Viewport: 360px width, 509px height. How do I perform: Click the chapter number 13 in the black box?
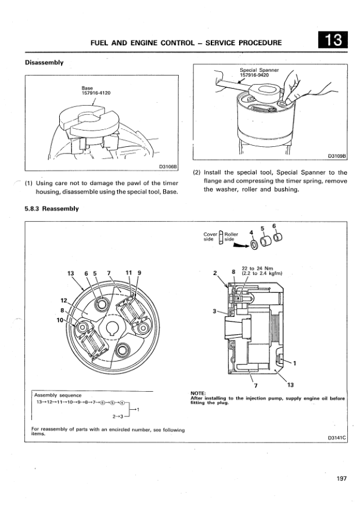[x=333, y=40]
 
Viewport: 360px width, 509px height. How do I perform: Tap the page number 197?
[x=341, y=479]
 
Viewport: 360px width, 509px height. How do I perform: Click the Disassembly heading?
[x=44, y=62]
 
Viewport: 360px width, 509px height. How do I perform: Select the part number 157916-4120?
[x=96, y=93]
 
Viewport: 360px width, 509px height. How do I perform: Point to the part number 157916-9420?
[x=254, y=75]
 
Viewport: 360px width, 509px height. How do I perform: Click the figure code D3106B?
[x=168, y=167]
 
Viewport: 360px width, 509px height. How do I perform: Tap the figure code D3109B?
[x=337, y=156]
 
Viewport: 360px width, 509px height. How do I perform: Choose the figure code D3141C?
[x=337, y=438]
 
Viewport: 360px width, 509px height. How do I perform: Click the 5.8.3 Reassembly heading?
[x=52, y=209]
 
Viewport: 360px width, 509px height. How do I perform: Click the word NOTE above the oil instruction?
[x=198, y=394]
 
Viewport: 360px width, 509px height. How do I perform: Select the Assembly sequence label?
[x=58, y=395]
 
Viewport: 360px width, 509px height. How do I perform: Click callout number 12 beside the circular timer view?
[x=63, y=300]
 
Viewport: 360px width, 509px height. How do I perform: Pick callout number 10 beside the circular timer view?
[x=60, y=320]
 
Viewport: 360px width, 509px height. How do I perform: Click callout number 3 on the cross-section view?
[x=214, y=311]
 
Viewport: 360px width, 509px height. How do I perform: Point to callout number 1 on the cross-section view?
[x=295, y=363]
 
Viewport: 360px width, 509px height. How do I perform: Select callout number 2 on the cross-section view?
[x=214, y=273]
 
